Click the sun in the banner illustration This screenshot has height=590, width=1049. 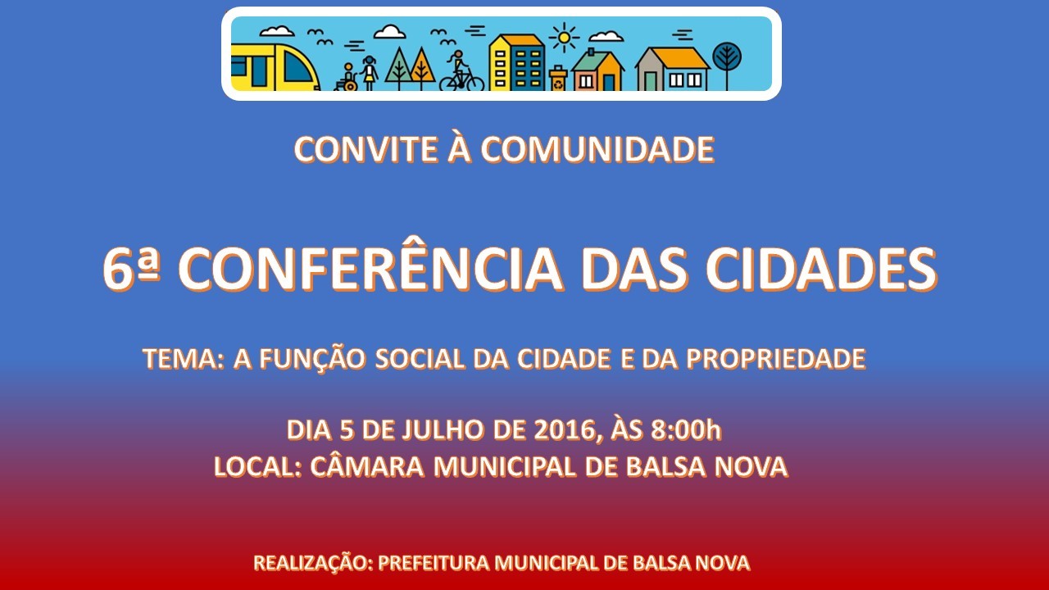coord(564,37)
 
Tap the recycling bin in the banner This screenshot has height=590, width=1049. coord(558,78)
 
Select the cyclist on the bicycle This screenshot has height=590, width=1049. coord(461,71)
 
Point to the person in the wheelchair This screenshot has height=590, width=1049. coord(347,78)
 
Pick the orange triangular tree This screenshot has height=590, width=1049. coord(422,68)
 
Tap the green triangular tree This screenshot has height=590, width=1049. coord(398,68)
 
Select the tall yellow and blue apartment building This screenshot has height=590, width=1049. coord(516,62)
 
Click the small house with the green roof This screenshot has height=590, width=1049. coord(598,70)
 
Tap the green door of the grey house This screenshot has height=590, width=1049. coord(651,80)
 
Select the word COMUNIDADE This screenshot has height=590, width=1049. coord(597,150)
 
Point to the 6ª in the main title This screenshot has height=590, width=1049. coord(132,270)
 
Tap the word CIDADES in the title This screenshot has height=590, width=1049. coord(821,270)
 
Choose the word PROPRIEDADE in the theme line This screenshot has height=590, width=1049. coord(775,359)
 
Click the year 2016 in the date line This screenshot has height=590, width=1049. coord(565,430)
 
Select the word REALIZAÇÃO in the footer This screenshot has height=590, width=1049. coord(313,563)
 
